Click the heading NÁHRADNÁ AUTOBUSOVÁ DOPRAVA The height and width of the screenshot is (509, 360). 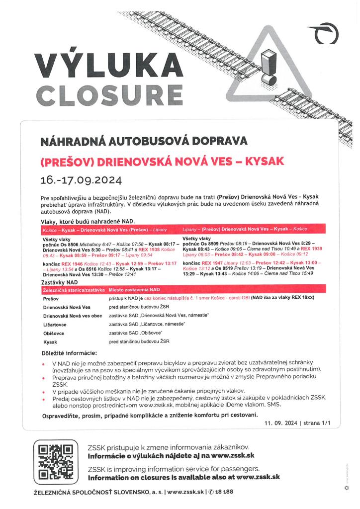tap(144, 140)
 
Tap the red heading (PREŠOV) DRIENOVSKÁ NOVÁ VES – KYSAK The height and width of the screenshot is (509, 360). tap(162, 162)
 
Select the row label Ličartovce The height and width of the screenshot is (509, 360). tap(56, 324)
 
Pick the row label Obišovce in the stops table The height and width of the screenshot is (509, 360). tap(55, 333)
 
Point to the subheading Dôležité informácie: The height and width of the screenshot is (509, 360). tap(69, 353)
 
